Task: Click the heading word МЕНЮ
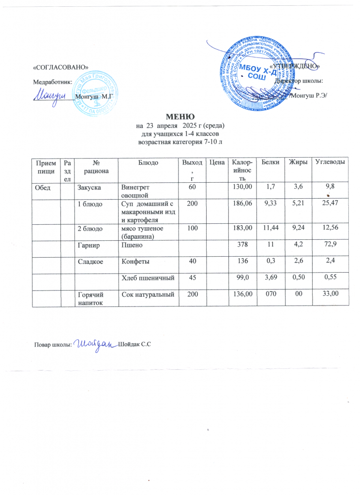(x=180, y=116)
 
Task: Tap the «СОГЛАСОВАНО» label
(x=60, y=66)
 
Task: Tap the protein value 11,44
(x=270, y=226)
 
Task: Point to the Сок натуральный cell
(x=147, y=294)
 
